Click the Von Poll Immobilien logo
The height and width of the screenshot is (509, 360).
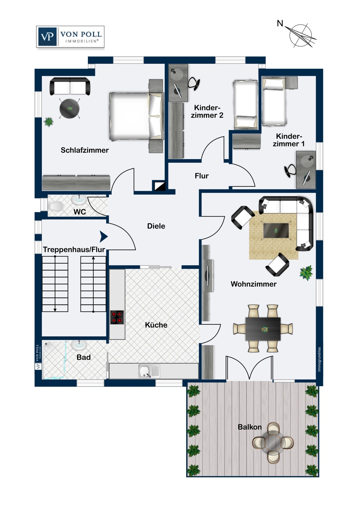pyautogui.click(x=70, y=37)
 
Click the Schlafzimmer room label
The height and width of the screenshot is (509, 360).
pyautogui.click(x=85, y=150)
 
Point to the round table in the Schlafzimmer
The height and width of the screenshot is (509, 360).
pyautogui.click(x=69, y=109)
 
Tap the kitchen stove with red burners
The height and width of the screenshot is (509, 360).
pyautogui.click(x=117, y=317)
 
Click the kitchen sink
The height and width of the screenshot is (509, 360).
pyautogui.click(x=149, y=371)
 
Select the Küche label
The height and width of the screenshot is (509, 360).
pyautogui.click(x=156, y=325)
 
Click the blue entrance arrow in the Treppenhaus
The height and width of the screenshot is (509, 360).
pyautogui.click(x=104, y=237)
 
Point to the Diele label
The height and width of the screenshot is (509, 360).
pyautogui.click(x=156, y=226)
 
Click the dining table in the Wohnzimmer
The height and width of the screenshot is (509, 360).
pyautogui.click(x=263, y=329)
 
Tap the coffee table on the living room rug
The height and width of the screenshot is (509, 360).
pyautogui.click(x=276, y=231)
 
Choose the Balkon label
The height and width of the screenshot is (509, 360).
pyautogui.click(x=250, y=427)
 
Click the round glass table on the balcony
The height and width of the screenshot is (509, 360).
pyautogui.click(x=273, y=442)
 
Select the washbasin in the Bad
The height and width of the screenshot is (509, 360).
pyautogui.click(x=79, y=344)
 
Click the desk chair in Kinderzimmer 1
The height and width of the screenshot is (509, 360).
pyautogui.click(x=290, y=171)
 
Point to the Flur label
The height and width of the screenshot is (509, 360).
pyautogui.click(x=201, y=176)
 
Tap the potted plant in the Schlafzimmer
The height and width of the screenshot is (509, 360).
pyautogui.click(x=49, y=122)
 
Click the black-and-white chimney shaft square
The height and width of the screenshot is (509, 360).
pyautogui.click(x=159, y=186)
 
